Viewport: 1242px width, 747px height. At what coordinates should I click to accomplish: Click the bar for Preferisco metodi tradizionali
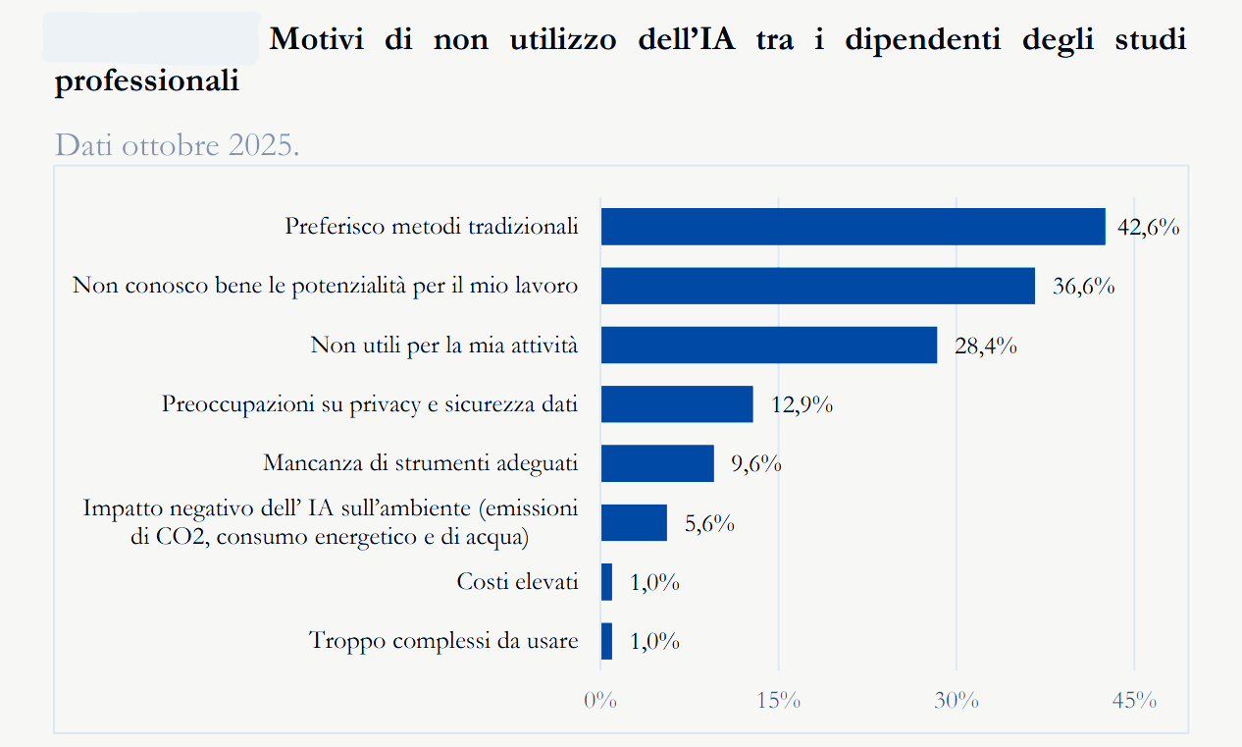tap(853, 227)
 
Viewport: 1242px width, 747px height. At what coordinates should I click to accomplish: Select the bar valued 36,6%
tap(817, 286)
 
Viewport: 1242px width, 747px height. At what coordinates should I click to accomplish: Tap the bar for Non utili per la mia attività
tap(768, 346)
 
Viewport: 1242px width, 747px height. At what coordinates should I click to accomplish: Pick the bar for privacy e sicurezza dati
tap(677, 404)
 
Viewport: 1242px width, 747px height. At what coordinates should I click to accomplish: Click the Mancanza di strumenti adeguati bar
tap(657, 463)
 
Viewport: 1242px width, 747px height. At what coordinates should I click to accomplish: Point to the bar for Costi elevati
tap(606, 582)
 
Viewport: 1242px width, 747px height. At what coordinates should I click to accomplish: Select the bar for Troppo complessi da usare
tap(606, 641)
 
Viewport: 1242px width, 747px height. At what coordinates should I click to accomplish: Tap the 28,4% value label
tap(985, 346)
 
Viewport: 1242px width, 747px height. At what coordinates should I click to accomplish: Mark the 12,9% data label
tap(802, 404)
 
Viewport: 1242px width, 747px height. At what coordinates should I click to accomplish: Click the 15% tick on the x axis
tap(779, 701)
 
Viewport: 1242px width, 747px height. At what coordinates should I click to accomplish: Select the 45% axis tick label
tap(1134, 701)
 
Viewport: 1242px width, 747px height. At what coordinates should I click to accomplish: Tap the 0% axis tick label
tap(599, 701)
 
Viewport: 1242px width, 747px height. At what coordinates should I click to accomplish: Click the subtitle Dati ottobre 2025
tap(177, 145)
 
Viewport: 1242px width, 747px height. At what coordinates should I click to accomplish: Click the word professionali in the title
tap(147, 81)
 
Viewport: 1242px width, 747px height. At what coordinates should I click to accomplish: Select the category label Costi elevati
tap(517, 582)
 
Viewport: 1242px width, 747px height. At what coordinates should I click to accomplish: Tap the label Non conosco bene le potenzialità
tap(325, 286)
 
